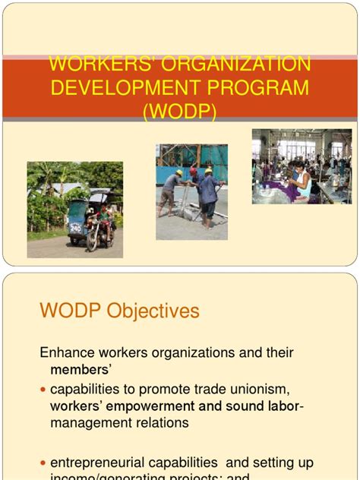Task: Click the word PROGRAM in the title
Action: tap(261, 87)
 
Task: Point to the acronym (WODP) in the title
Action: tap(179, 111)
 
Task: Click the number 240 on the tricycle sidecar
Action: tap(76, 226)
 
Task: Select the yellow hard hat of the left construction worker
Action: tap(178, 173)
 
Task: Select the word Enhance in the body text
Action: tap(67, 353)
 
